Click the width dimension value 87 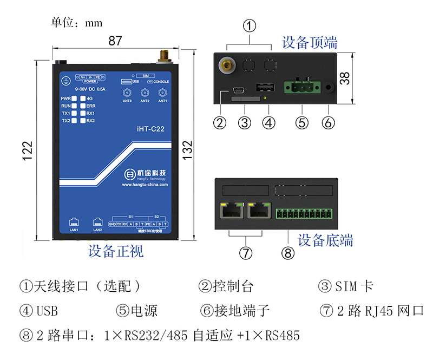tap(115, 41)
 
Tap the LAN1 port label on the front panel tap(74, 230)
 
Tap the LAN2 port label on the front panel tap(97, 230)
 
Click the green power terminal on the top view tap(301, 87)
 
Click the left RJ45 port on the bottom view tap(231, 210)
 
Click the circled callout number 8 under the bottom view tap(288, 252)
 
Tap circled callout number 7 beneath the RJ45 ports tap(245, 252)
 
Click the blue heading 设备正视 tap(116, 251)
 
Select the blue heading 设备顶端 tap(310, 42)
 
